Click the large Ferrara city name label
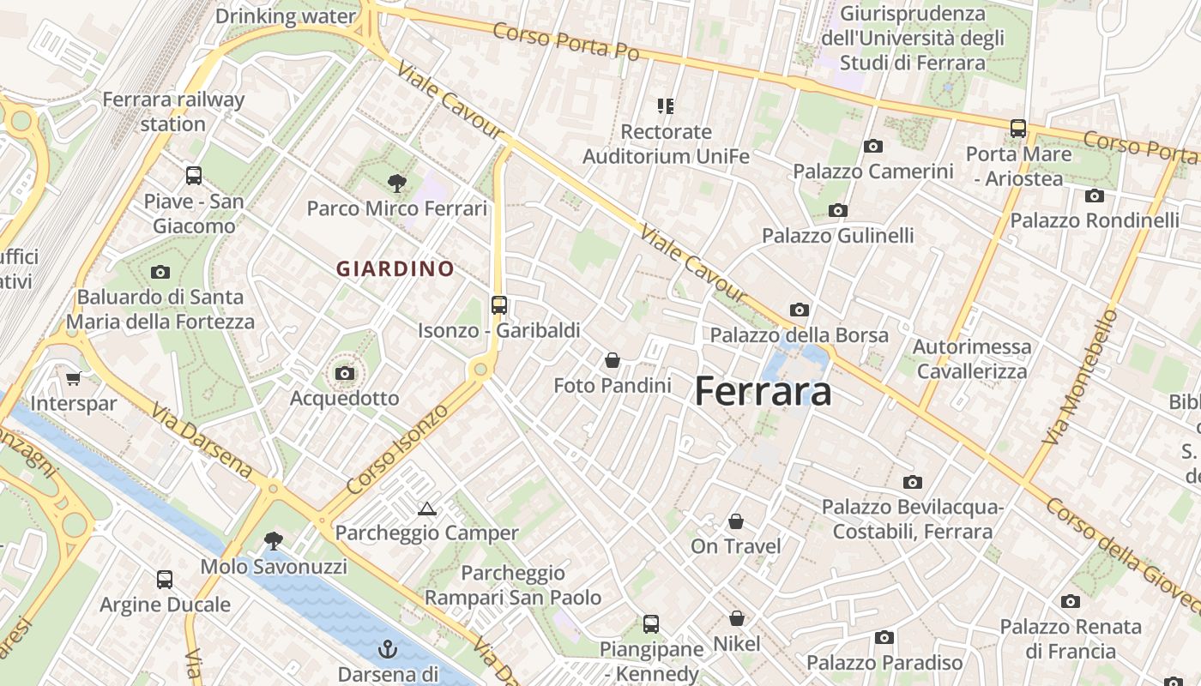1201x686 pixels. tap(763, 392)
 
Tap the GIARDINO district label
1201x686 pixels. tap(395, 269)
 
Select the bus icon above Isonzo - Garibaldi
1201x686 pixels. tap(498, 304)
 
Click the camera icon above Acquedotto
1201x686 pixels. tap(345, 373)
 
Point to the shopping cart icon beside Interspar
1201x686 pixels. tap(73, 378)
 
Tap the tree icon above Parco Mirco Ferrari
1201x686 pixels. tap(396, 183)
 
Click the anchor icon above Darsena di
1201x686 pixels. tap(387, 648)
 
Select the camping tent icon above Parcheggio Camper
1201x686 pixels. tap(426, 508)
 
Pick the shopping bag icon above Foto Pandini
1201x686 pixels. tap(613, 360)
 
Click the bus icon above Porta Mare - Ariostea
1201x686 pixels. tap(1018, 129)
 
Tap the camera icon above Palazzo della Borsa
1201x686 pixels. tap(800, 310)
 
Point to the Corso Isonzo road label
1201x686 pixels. tap(397, 449)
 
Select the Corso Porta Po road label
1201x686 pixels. tap(566, 40)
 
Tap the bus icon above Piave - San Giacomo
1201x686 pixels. tap(194, 176)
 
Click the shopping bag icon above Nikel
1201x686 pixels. tap(736, 618)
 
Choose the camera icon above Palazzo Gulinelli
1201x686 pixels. tap(838, 210)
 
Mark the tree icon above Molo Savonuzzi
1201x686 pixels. tap(274, 541)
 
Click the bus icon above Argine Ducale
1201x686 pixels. tap(165, 580)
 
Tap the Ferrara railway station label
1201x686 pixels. tap(173, 111)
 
